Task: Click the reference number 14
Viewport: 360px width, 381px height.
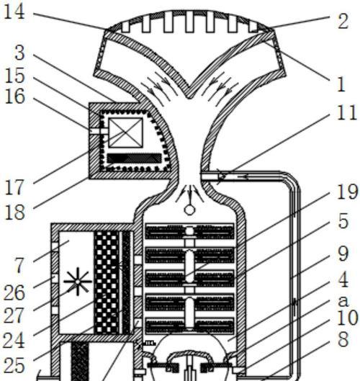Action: pos(14,12)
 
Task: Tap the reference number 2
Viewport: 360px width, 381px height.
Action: pos(343,22)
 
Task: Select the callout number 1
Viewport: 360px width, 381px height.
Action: pos(341,84)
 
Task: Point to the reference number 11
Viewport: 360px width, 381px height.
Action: pos(347,112)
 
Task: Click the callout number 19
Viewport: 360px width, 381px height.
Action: pos(347,192)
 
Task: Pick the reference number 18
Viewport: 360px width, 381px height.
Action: pos(14,212)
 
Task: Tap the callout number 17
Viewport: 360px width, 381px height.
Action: pos(14,187)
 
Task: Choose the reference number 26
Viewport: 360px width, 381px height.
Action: pos(14,292)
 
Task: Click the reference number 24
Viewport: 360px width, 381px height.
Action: pos(14,341)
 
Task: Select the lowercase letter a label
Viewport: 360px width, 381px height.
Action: pos(343,301)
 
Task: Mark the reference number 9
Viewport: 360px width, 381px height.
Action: pos(343,254)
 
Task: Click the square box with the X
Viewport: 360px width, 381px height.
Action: pos(125,133)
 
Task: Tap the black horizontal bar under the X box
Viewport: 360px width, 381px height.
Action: pos(135,158)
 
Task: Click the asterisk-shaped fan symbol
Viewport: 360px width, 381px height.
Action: pos(78,282)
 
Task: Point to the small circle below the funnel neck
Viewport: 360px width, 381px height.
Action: pos(189,210)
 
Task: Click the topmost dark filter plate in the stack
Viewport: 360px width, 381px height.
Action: pos(189,231)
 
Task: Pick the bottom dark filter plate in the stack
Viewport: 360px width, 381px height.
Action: pos(189,326)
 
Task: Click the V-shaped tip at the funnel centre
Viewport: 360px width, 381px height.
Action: pos(189,97)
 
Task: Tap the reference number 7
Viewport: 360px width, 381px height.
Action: pos(19,265)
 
